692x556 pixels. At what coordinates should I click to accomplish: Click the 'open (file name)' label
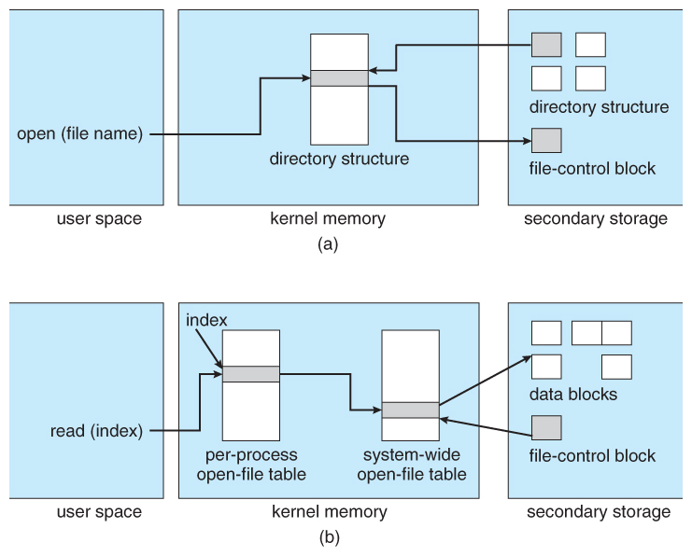click(x=79, y=134)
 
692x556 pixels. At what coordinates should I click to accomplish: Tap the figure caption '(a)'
click(x=327, y=244)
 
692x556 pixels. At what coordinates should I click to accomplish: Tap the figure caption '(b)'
click(x=327, y=537)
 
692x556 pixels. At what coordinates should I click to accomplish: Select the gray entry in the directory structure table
click(x=339, y=78)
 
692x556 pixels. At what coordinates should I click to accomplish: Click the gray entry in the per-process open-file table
click(x=251, y=374)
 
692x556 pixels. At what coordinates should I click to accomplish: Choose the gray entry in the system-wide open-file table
click(x=410, y=410)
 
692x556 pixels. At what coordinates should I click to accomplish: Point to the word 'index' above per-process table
click(x=207, y=320)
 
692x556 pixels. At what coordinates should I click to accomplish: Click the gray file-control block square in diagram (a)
click(x=546, y=141)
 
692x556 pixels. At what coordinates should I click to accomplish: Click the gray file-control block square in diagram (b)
click(x=546, y=427)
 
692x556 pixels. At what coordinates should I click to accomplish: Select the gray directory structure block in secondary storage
click(x=546, y=45)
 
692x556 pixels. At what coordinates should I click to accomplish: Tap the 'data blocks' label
click(x=573, y=394)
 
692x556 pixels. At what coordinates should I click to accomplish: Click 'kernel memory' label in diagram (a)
click(x=328, y=219)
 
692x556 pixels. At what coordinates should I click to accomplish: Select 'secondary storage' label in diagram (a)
click(x=596, y=219)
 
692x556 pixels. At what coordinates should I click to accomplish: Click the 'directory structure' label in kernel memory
click(x=339, y=159)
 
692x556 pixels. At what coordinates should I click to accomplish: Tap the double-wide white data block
click(x=601, y=333)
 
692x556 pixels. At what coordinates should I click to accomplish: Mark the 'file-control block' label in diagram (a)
click(x=593, y=169)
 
